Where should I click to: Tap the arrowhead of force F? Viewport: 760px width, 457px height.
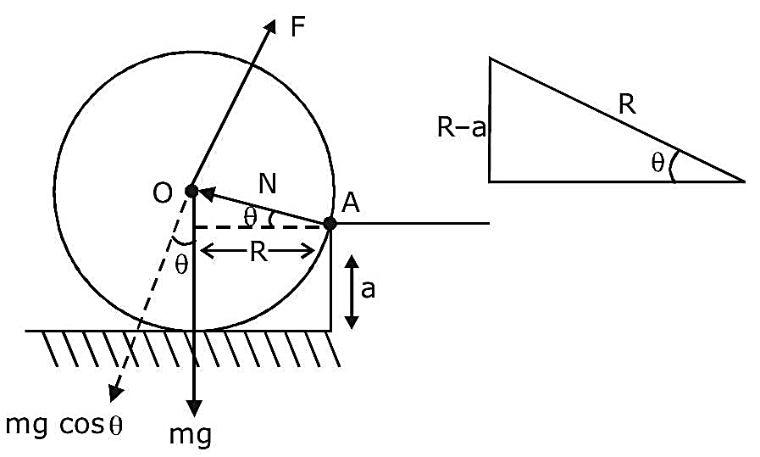point(269,27)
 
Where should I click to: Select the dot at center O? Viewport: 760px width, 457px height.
point(191,190)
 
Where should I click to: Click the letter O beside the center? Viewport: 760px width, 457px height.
point(163,193)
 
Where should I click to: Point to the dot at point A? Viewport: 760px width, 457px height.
point(330,223)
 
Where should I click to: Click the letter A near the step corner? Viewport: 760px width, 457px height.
point(351,203)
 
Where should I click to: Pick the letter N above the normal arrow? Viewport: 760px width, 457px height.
point(267,184)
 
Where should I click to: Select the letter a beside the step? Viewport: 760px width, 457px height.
point(368,290)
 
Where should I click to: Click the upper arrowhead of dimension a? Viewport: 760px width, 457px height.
point(352,262)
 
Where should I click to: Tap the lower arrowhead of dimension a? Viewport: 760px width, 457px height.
point(352,322)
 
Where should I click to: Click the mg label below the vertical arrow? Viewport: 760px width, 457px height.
point(191,435)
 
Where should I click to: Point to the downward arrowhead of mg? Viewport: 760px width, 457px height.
point(194,408)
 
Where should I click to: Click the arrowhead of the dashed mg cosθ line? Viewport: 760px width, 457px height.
point(115,393)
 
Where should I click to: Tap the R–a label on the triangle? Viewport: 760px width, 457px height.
point(461,128)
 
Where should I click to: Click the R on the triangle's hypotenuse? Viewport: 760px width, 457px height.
point(627,104)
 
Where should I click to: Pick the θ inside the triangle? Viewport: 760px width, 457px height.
point(657,163)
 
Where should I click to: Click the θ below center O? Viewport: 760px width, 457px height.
point(180,265)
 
